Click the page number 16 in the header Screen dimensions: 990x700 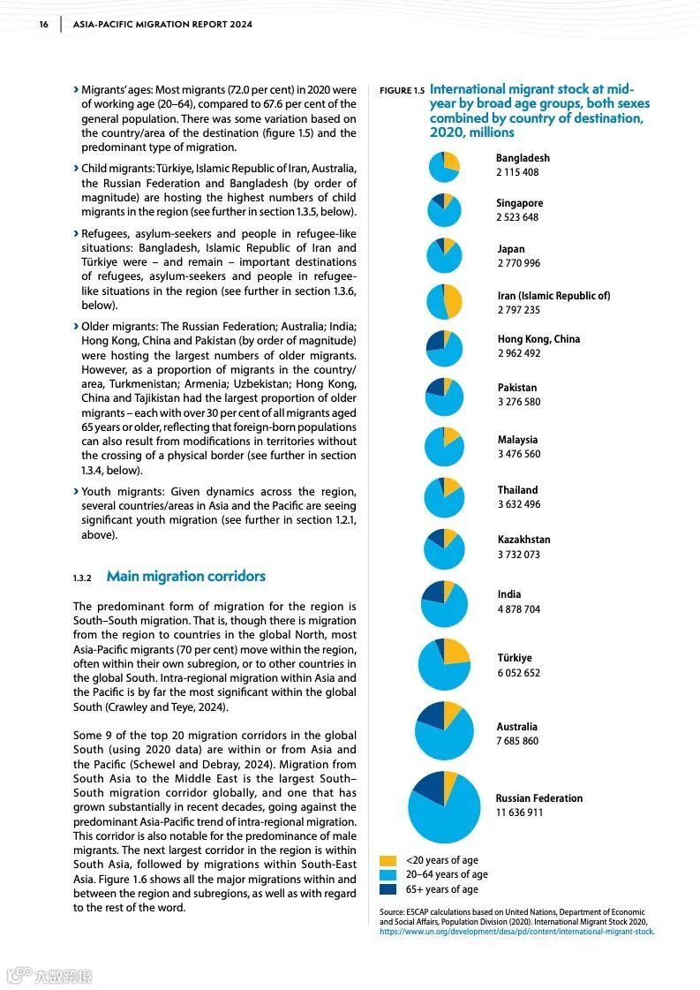tap(43, 25)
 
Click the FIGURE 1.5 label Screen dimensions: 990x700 tap(402, 91)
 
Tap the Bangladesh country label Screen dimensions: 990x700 tap(523, 158)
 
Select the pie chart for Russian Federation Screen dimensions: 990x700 tap(444, 806)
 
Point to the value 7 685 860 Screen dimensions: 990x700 tap(517, 741)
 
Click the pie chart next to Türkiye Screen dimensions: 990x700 tap(444, 664)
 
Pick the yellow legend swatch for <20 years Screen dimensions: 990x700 tap(388, 860)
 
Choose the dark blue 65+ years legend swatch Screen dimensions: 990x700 tap(388, 889)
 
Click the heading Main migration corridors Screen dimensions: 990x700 tap(185, 577)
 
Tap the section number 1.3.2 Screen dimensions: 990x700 tap(82, 578)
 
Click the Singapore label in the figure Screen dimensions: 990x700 tap(519, 203)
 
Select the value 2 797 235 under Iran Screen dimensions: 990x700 tap(519, 310)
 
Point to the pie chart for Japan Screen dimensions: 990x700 tap(444, 255)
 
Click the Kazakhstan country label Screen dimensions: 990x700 tap(523, 540)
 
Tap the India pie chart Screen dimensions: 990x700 tap(444, 604)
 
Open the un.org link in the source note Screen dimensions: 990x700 tap(516, 932)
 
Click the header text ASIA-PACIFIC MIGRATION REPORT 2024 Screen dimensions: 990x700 tap(162, 25)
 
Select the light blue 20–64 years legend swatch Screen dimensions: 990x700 tap(388, 874)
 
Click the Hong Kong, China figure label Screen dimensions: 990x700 tap(538, 339)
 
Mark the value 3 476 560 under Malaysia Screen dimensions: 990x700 tap(519, 454)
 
